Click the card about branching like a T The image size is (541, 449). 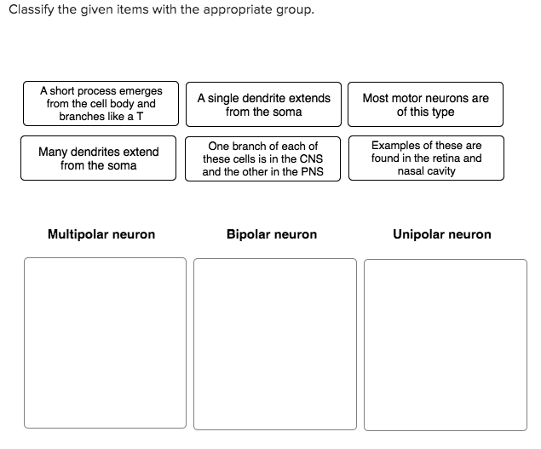[x=101, y=103]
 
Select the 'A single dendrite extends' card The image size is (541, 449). [x=263, y=105]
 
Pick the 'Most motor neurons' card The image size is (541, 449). [x=425, y=105]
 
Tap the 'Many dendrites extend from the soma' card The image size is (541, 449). [x=98, y=158]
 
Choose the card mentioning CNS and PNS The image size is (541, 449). [x=262, y=158]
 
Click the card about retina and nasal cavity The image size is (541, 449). [x=425, y=158]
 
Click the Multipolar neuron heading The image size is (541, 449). [x=101, y=234]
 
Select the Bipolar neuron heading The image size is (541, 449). [x=272, y=234]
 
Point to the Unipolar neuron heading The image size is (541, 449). [x=441, y=234]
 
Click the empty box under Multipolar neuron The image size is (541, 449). [x=105, y=343]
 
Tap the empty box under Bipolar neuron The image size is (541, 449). [x=274, y=343]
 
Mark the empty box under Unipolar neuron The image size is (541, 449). [x=445, y=344]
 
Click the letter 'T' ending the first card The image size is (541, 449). [x=141, y=116]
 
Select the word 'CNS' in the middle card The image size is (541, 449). [x=311, y=158]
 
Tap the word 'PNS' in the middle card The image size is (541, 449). [x=311, y=171]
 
